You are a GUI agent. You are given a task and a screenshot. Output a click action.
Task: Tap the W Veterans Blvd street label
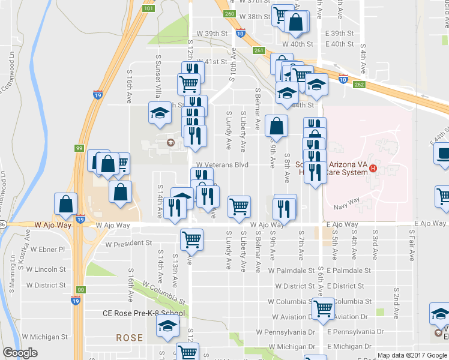click(222, 164)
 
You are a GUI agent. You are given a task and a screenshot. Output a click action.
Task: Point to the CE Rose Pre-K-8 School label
click(143, 313)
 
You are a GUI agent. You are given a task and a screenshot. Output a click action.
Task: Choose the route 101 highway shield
click(149, 8)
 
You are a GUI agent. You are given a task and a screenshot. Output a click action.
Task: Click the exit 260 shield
click(229, 14)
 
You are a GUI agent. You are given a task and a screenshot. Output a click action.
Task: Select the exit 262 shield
click(359, 85)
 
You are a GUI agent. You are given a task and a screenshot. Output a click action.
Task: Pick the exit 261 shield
click(258, 50)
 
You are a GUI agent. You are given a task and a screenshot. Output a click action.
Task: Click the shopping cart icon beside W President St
click(191, 239)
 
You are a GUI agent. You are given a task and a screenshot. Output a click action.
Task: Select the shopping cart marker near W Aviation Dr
click(324, 308)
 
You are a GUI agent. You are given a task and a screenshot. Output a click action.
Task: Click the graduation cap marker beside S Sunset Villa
click(160, 113)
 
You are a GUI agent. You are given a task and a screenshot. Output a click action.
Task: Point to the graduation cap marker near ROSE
click(167, 326)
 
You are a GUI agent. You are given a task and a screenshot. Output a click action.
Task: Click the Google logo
click(20, 353)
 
